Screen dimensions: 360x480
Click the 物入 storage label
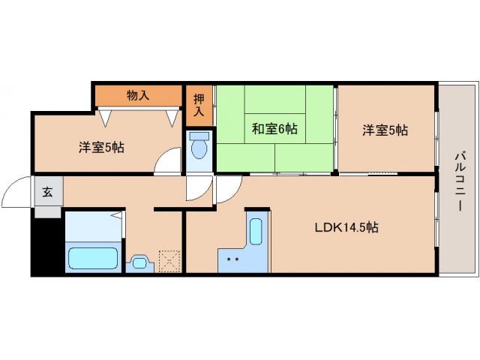[x=138, y=95]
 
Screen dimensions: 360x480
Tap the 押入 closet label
[x=199, y=105]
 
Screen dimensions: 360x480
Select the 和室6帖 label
[x=274, y=129]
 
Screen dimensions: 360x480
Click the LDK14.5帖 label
[x=346, y=227]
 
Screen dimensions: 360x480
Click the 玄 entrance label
[x=47, y=192]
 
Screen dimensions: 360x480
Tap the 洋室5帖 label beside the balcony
[x=385, y=130]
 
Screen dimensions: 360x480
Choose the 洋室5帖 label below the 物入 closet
[x=101, y=147]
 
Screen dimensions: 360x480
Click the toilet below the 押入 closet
[x=199, y=146]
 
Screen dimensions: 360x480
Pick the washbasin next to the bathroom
[x=139, y=262]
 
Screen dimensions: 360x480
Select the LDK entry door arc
[x=227, y=190]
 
